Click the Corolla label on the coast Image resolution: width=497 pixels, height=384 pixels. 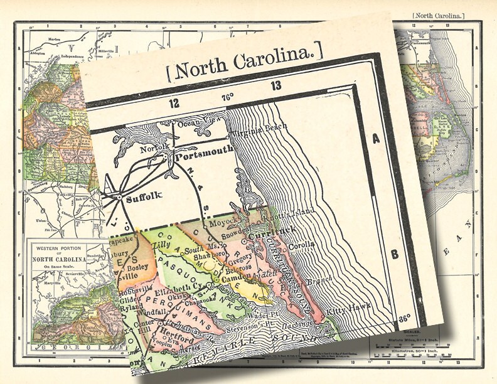[x=301, y=246]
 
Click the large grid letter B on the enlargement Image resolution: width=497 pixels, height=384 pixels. [x=394, y=254]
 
